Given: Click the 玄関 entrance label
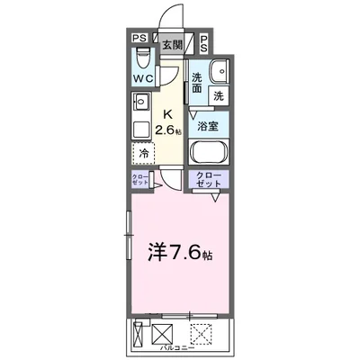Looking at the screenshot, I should [170, 43].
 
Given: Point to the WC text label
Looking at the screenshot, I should [143, 78].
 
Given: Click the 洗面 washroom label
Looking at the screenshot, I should [196, 83].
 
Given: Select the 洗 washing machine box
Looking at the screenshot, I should [219, 94].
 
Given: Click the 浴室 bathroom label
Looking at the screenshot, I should [208, 126].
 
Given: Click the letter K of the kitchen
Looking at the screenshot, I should [167, 113].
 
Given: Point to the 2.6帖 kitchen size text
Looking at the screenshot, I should [168, 130].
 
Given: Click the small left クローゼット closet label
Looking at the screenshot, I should [139, 178].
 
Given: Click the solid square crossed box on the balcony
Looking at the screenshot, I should [164, 332].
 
